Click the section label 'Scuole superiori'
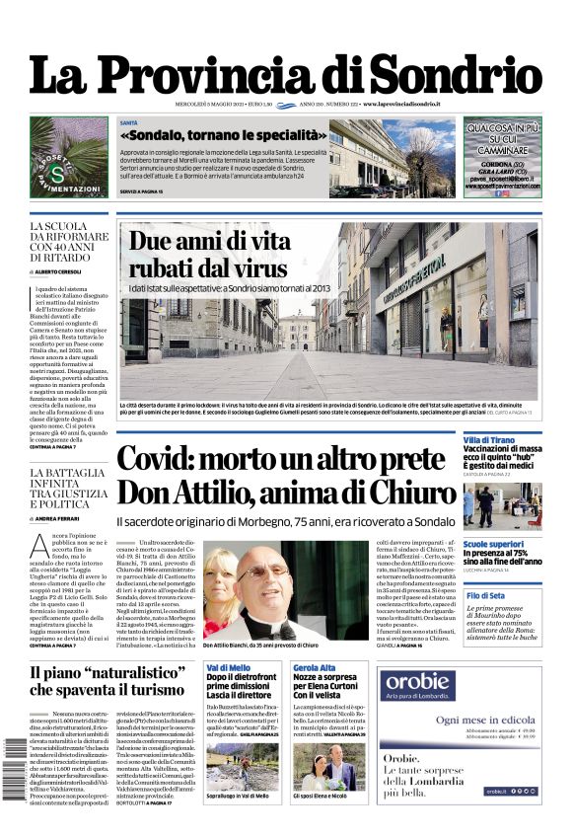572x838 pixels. coord(493,544)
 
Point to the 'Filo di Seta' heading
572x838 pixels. coord(485,596)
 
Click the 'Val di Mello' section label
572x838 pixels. coord(227,668)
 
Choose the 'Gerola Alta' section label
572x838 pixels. coord(315,668)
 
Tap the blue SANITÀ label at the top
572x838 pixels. coord(129,122)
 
